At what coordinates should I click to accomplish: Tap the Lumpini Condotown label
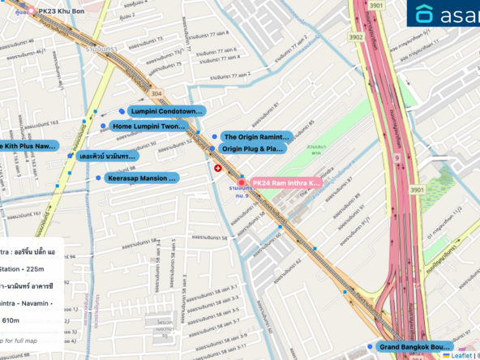[165, 111]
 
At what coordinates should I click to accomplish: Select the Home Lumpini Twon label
[149, 126]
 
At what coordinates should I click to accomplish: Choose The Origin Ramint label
[256, 137]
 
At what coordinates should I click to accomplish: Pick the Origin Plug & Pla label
[253, 149]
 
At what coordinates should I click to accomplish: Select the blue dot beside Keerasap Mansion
[98, 178]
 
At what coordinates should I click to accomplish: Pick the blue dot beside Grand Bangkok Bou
[371, 347]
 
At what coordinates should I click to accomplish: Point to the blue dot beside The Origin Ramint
[213, 137]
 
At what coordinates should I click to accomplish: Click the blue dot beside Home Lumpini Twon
[103, 126]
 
